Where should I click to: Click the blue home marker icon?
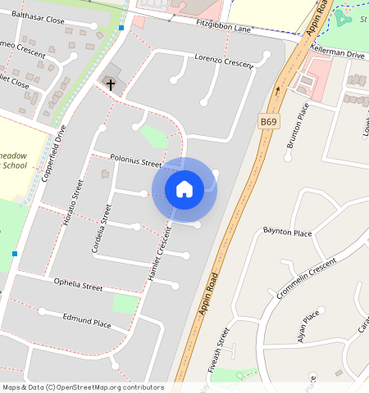tap(184, 189)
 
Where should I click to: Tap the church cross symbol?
tap(111, 84)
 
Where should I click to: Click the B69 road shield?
tap(268, 121)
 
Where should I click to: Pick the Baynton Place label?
tap(287, 233)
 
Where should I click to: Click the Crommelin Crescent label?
tap(307, 278)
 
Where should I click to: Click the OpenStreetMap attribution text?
tap(82, 387)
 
